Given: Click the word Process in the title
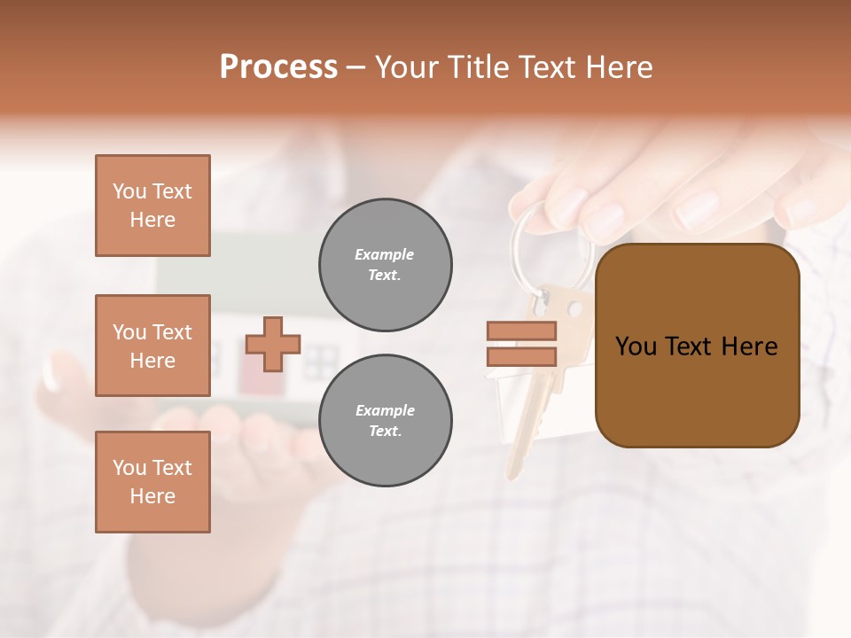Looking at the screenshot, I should pyautogui.click(x=278, y=67).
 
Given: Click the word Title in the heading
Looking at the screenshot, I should pyautogui.click(x=476, y=67).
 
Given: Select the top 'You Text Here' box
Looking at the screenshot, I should pyautogui.click(x=152, y=206).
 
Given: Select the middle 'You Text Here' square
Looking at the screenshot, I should pyautogui.click(x=152, y=346).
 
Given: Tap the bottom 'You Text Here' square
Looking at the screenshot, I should pyautogui.click(x=152, y=482).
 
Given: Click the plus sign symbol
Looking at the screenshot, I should pyautogui.click(x=273, y=344).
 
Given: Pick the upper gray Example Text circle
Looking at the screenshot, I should pyautogui.click(x=386, y=265).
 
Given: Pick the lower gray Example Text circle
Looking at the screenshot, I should pyautogui.click(x=386, y=421).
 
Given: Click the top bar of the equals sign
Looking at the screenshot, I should pyautogui.click(x=521, y=331).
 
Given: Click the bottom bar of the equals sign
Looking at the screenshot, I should pyautogui.click(x=521, y=356).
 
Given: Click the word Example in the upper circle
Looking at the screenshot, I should pyautogui.click(x=384, y=255).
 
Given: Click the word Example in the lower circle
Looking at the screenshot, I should pyautogui.click(x=384, y=411).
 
